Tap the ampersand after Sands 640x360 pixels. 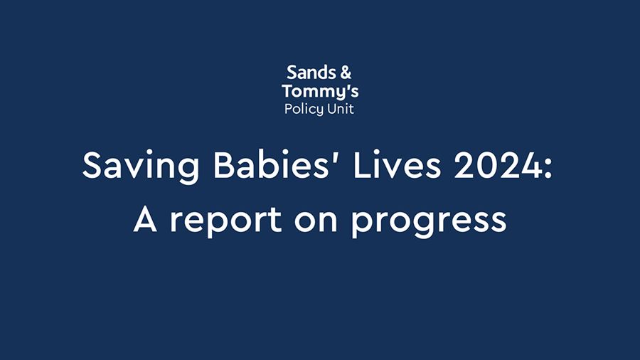click(x=345, y=72)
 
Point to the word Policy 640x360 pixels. click(x=302, y=110)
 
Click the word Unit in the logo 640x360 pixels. click(x=338, y=109)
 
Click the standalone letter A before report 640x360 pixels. click(x=146, y=221)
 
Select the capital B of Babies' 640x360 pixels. click(x=201, y=166)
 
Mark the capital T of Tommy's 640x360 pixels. click(x=287, y=91)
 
